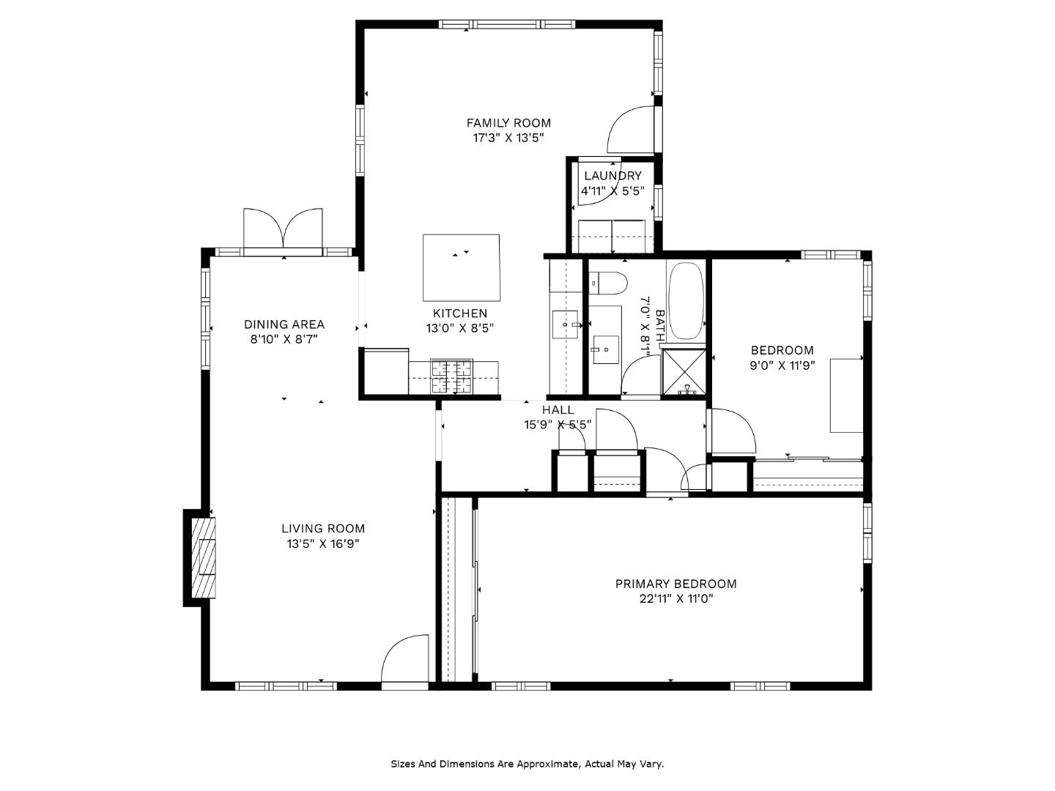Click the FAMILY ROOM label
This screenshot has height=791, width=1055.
(x=508, y=123)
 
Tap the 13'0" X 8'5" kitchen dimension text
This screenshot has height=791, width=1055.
(x=460, y=328)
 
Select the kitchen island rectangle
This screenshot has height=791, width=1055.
(x=462, y=267)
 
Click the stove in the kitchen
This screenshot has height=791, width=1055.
(x=452, y=376)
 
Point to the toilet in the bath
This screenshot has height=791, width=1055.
(x=609, y=283)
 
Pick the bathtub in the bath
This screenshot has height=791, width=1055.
(x=686, y=300)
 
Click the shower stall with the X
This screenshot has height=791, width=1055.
(x=684, y=373)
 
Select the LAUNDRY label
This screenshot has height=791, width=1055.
(x=612, y=176)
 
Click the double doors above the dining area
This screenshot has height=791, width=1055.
(x=283, y=229)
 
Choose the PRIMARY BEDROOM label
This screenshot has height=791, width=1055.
(x=675, y=584)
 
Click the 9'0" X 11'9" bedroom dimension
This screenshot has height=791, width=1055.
(x=782, y=365)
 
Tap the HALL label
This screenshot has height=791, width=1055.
(x=558, y=409)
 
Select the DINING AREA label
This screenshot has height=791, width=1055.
(x=284, y=324)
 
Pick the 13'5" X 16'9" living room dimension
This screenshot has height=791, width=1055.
(x=324, y=543)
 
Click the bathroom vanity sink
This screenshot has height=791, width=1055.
(x=606, y=349)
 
